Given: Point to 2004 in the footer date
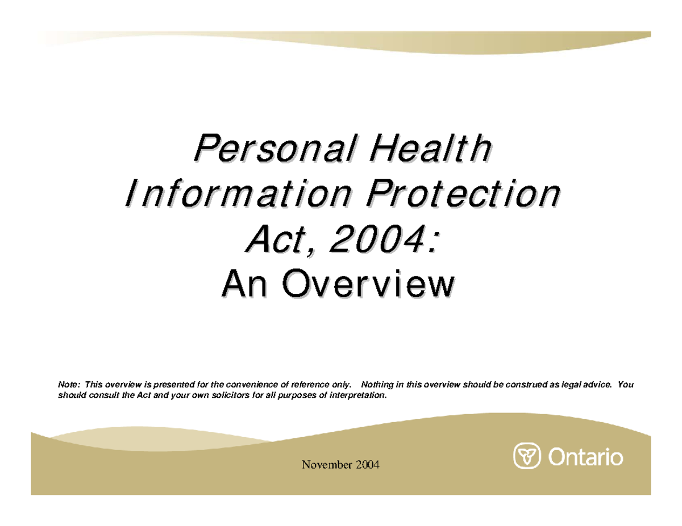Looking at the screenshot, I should [x=367, y=466].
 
